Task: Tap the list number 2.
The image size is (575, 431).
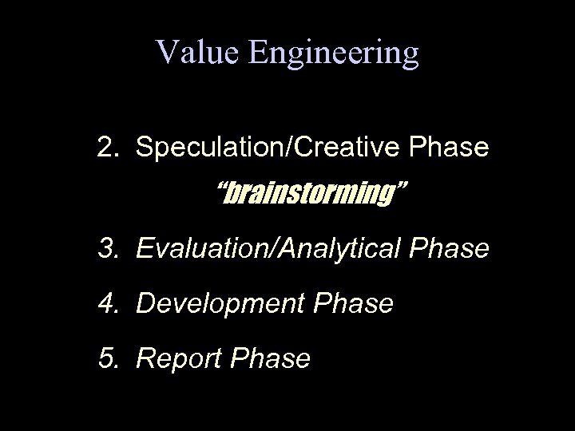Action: tap(107, 148)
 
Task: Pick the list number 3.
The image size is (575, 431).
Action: tap(107, 249)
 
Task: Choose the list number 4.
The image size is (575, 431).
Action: tap(107, 303)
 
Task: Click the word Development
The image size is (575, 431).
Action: tap(219, 304)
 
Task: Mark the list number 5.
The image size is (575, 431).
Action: tap(107, 358)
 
